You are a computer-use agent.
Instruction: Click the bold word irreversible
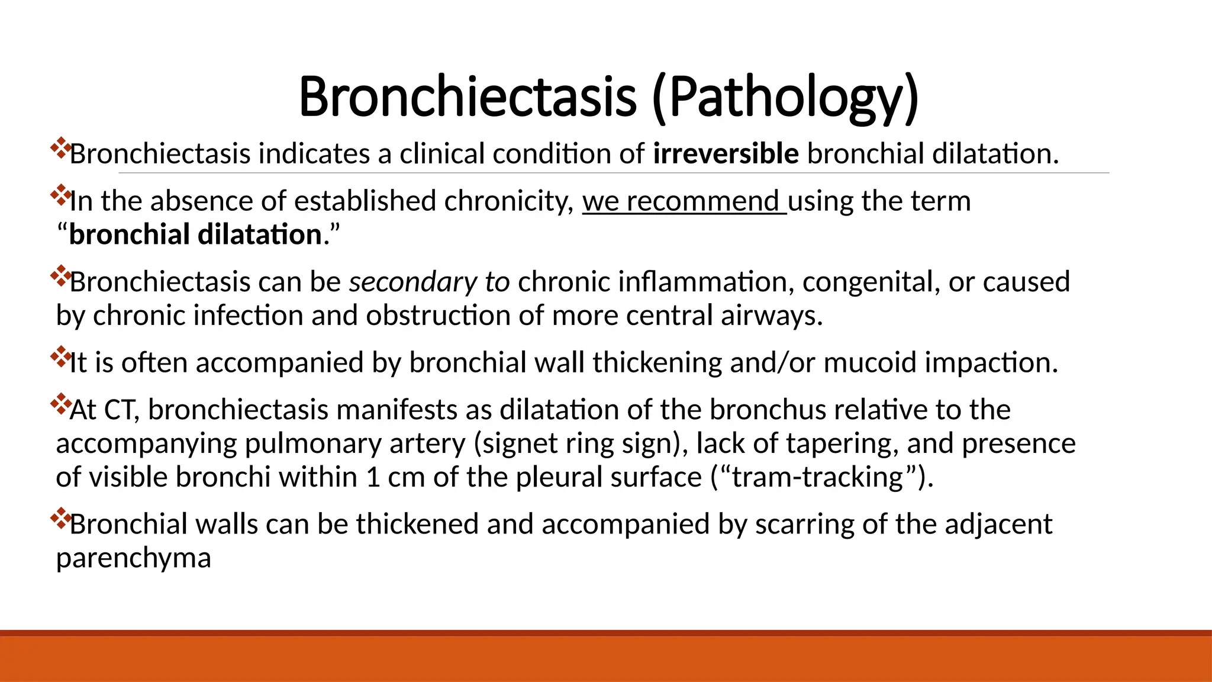click(x=726, y=154)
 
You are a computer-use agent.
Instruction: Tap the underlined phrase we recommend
click(x=684, y=201)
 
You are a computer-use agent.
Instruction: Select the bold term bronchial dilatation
click(x=195, y=234)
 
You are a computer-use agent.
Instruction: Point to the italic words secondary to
click(x=429, y=282)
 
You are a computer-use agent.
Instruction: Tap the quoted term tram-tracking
click(x=818, y=477)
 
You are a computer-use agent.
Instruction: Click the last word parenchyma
click(x=133, y=558)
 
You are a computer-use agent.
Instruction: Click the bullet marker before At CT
click(x=60, y=405)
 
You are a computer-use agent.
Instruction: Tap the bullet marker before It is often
click(x=60, y=358)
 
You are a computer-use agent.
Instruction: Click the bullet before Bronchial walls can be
click(x=60, y=519)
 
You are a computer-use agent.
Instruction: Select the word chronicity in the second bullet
click(x=509, y=201)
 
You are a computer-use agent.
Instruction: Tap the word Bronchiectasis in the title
click(x=468, y=98)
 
